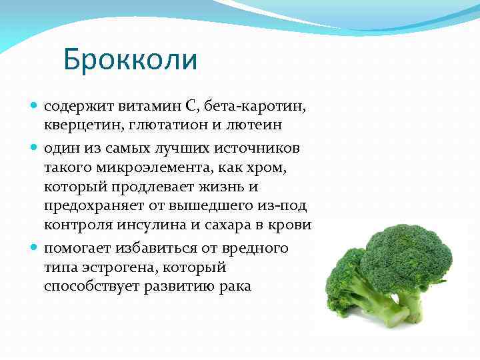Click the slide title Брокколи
pyautogui.click(x=131, y=59)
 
